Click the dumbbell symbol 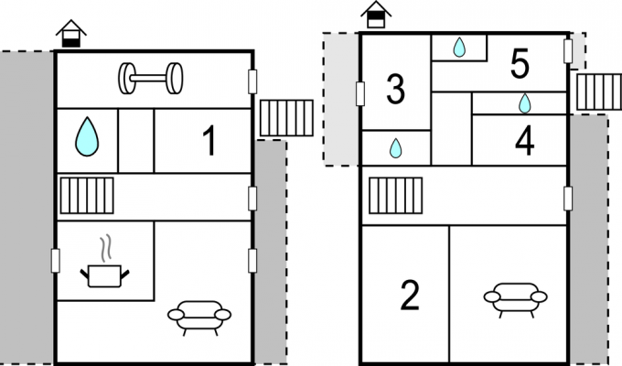(x=151, y=78)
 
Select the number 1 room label (x=209, y=141)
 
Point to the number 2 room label (x=410, y=295)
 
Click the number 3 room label (x=395, y=89)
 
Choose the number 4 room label (x=524, y=141)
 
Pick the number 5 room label (x=520, y=63)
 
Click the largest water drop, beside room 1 (x=87, y=136)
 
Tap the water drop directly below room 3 (x=395, y=148)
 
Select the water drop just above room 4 (x=524, y=103)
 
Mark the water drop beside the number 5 (x=459, y=47)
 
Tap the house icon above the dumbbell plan (x=71, y=34)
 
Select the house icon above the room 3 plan (x=376, y=15)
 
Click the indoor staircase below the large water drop (x=87, y=196)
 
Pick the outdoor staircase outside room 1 (x=286, y=118)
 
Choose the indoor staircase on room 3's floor (x=395, y=196)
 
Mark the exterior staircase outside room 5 (x=599, y=91)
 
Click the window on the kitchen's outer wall (x=56, y=261)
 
